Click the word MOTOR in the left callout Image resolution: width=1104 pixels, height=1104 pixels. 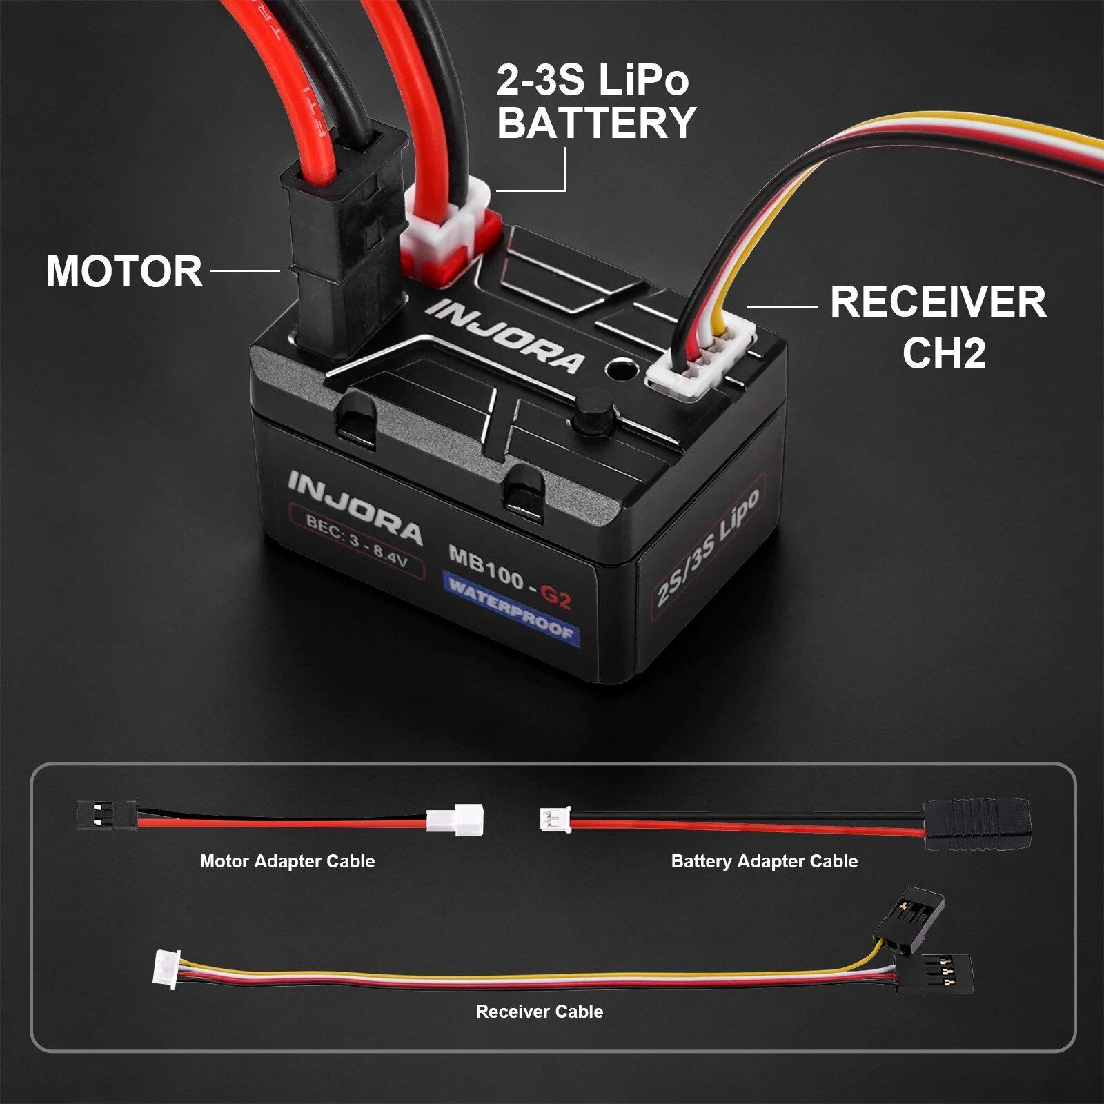[124, 270]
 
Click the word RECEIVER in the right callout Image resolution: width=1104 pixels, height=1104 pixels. [938, 302]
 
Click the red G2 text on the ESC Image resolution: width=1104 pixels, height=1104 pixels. [555, 596]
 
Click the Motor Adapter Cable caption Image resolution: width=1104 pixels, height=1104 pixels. [287, 861]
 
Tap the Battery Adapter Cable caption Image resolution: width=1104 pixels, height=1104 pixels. [765, 861]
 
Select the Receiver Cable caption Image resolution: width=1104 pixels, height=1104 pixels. [540, 1012]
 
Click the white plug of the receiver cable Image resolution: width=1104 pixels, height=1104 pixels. [166, 969]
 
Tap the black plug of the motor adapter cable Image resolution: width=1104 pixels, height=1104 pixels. [106, 815]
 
